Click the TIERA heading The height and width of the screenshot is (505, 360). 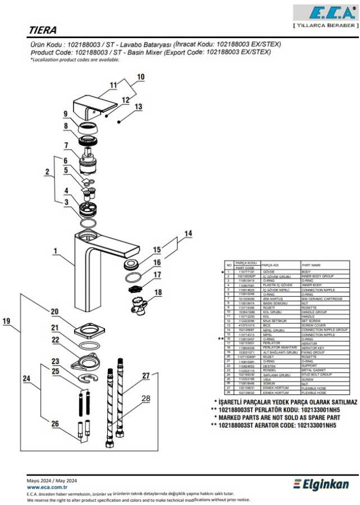point(43,30)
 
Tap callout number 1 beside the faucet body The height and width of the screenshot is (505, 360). point(55,251)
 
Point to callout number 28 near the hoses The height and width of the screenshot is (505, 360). point(146,398)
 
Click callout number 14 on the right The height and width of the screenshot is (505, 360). point(189,233)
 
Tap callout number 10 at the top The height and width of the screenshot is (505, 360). point(140,76)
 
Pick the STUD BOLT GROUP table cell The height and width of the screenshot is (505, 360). point(316,374)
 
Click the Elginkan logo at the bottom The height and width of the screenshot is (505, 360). point(322,484)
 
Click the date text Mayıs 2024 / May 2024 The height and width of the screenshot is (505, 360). point(52,481)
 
